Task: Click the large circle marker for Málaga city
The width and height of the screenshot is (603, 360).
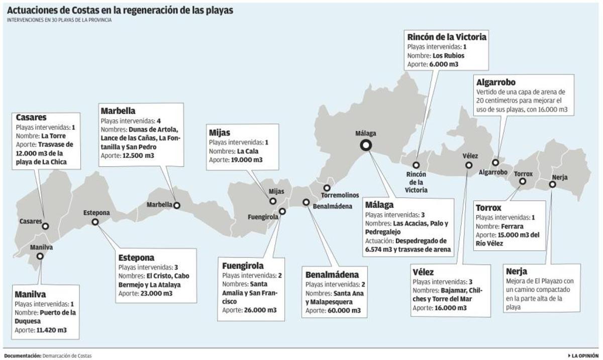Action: pos(366,145)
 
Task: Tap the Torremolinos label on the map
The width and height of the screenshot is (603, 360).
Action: pos(340,195)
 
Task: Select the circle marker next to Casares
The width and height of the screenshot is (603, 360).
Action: pos(45,226)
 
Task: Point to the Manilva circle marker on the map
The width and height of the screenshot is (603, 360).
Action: pos(40,256)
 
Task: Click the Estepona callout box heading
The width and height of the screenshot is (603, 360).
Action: pos(136,258)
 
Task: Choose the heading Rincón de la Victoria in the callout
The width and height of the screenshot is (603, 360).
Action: pos(447,37)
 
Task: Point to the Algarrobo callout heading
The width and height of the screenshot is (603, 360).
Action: pos(496,82)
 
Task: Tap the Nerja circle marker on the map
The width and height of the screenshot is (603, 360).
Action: pos(552,185)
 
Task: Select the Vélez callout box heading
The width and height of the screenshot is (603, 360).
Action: pos(423,272)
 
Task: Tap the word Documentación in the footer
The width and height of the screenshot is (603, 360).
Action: pos(22,355)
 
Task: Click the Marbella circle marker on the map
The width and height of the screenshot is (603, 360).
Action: pos(176,205)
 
